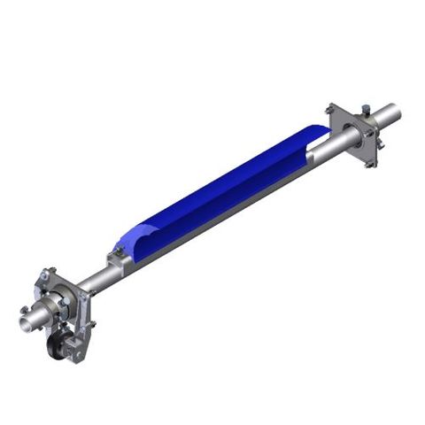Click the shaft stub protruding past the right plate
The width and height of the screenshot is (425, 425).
390,113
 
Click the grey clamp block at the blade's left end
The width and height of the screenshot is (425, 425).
116,261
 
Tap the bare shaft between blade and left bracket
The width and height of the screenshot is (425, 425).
95,281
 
